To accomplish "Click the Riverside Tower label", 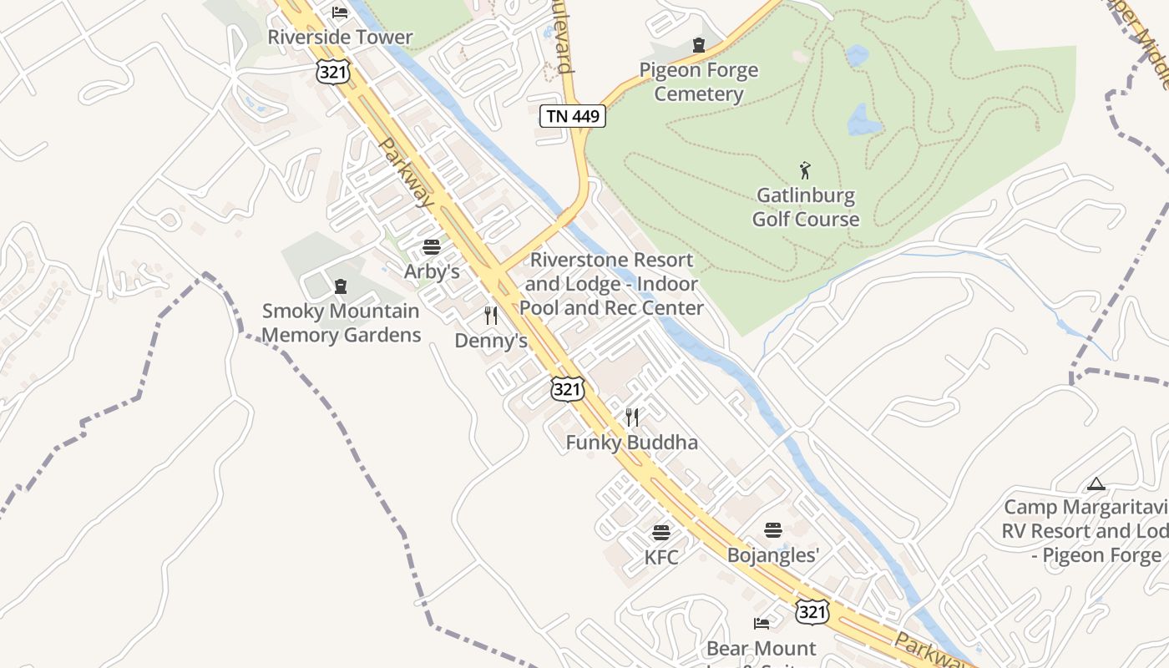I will click(340, 38).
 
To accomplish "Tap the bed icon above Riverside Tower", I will click(340, 12).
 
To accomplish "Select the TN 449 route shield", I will click(573, 116).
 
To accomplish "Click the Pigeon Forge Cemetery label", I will click(699, 82).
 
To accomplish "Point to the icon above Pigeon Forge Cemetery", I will click(699, 45).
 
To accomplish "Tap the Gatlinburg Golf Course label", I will click(806, 207).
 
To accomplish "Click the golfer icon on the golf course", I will click(805, 170).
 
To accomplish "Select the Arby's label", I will click(432, 271).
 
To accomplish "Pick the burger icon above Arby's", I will click(432, 247).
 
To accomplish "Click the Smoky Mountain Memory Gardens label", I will click(341, 323).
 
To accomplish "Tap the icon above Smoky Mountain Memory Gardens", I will click(340, 286).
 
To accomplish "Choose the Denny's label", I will click(491, 341).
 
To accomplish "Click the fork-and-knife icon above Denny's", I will click(491, 316).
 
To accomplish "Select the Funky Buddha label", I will click(632, 443).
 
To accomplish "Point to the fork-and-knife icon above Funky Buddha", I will click(632, 417).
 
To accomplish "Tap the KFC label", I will click(661, 557).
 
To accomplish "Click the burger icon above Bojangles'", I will click(773, 530).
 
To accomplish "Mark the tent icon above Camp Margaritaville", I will click(1096, 483).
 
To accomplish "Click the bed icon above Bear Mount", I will click(762, 624).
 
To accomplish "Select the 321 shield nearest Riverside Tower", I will click(332, 72).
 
